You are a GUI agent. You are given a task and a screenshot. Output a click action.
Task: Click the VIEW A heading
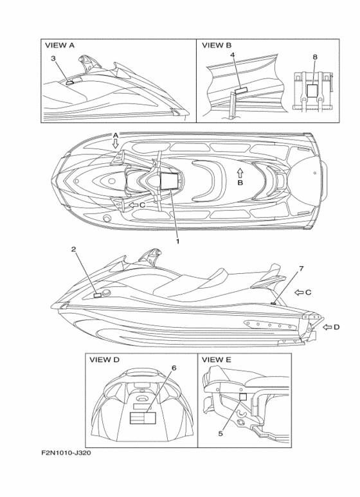click(60, 45)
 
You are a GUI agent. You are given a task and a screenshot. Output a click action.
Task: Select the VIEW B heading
click(217, 45)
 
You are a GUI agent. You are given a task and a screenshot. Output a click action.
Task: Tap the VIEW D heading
click(105, 360)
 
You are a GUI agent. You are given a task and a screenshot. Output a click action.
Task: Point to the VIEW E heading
click(217, 360)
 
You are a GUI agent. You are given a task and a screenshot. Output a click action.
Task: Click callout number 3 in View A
click(53, 58)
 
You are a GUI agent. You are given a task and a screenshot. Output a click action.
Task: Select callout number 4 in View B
click(233, 55)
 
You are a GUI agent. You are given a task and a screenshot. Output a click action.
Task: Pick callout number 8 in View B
click(315, 57)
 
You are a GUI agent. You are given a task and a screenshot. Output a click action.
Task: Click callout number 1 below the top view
click(178, 241)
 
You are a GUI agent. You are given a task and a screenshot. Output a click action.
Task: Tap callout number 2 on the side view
click(73, 249)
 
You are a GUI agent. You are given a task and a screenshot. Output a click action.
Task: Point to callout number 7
click(301, 269)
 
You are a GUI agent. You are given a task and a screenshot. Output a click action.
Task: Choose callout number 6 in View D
click(174, 368)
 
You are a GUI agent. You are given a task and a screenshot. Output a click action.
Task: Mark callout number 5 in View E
click(221, 433)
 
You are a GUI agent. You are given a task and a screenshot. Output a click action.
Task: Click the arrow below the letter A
click(116, 145)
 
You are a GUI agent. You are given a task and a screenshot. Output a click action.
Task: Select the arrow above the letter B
click(240, 173)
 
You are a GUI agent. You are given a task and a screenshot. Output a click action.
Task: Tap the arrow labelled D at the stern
click(327, 327)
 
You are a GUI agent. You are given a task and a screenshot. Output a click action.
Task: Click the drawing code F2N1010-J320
click(66, 453)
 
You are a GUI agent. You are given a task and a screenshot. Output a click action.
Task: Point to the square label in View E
click(243, 397)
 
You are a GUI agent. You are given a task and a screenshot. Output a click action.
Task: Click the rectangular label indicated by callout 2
click(98, 295)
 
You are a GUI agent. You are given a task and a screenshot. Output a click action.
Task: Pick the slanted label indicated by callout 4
click(242, 91)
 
